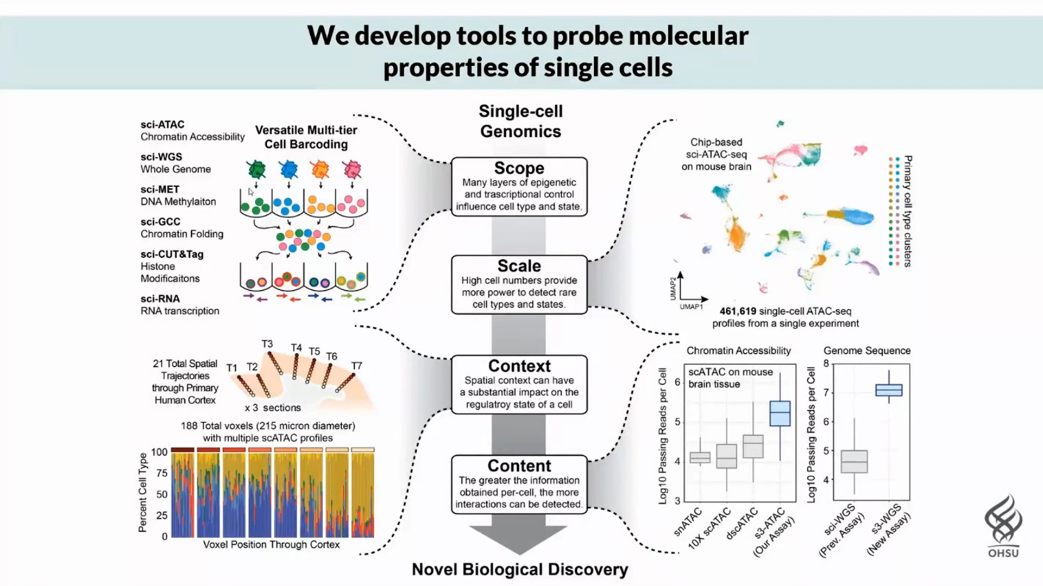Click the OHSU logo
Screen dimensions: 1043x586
[1003, 526]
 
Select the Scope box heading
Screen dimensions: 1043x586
[519, 168]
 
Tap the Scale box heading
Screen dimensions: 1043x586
[519, 266]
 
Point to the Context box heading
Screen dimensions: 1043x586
[519, 366]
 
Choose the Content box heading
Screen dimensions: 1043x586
[519, 466]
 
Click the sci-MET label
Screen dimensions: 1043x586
[160, 189]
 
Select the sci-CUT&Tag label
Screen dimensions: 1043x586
[172, 254]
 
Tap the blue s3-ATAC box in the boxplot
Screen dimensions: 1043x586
[780, 413]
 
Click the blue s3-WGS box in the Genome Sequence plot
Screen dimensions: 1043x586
[889, 390]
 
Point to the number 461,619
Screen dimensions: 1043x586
[738, 311]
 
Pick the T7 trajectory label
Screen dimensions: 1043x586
[356, 366]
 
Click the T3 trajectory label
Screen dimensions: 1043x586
[267, 344]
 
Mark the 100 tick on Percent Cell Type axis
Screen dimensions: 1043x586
[159, 452]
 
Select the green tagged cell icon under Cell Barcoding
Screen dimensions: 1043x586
[256, 170]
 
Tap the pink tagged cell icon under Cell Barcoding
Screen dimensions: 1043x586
[352, 170]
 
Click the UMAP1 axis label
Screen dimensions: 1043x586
[691, 307]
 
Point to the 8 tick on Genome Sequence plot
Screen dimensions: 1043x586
[826, 364]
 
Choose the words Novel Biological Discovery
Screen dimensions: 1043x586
[520, 569]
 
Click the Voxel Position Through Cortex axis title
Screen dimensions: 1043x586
[271, 544]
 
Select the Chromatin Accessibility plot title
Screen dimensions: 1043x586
[738, 351]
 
